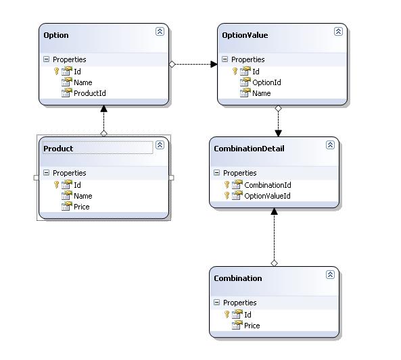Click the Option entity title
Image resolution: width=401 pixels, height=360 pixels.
point(56,35)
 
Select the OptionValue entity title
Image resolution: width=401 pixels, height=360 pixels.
point(245,35)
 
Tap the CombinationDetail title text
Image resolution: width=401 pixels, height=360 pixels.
point(249,149)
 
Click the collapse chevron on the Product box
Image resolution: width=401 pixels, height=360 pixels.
point(160,145)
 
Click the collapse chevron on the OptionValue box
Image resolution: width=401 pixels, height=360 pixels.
point(338,32)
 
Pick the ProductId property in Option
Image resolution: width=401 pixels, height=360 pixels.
point(90,93)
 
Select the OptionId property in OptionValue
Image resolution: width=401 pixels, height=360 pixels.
point(266,82)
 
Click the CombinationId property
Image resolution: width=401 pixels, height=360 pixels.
point(268,185)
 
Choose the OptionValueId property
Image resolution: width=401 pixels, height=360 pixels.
point(267,196)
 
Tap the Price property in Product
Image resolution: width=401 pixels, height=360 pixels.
point(82,207)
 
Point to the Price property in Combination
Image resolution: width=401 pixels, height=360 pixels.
point(252,326)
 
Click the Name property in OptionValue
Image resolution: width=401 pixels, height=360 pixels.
point(262,93)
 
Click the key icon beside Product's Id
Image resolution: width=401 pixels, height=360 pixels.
point(57,184)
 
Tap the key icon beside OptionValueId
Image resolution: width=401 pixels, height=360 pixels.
point(227,195)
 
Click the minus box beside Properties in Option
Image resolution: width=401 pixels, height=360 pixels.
point(46,59)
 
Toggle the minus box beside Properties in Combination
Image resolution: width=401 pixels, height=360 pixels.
point(216,303)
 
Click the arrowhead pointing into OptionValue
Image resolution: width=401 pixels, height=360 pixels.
point(214,64)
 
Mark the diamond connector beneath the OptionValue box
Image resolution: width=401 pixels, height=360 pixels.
point(278,109)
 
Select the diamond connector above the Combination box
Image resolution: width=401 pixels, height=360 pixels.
point(274,263)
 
